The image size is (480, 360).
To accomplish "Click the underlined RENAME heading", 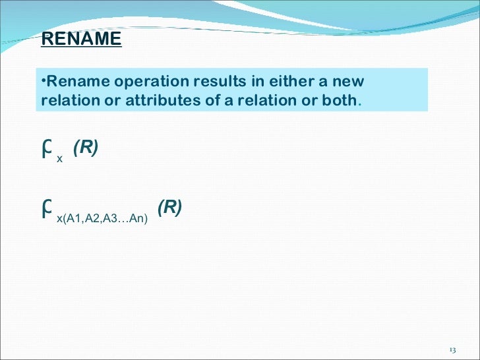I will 81,40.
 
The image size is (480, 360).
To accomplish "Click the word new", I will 349,82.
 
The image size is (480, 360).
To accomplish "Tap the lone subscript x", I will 60,159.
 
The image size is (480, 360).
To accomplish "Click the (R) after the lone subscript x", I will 86,148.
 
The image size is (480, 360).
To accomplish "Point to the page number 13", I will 452,349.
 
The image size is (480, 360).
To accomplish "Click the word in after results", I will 256,82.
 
